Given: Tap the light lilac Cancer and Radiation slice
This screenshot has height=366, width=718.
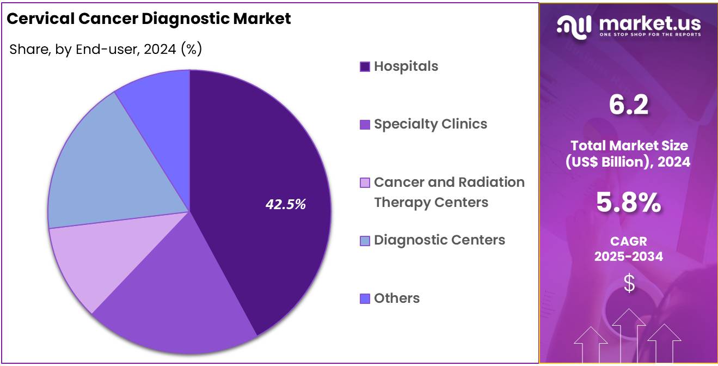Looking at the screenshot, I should point(82,261).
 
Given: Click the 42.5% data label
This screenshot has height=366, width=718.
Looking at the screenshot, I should point(286,204).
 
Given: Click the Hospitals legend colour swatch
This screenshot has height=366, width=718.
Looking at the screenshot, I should point(365,66).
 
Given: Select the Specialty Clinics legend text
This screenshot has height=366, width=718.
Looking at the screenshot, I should point(431,124).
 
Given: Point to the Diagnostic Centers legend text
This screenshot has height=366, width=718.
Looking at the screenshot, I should point(439,240).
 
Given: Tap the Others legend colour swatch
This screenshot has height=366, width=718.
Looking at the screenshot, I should point(365,298).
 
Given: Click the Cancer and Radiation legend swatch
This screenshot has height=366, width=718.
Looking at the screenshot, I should point(365,182).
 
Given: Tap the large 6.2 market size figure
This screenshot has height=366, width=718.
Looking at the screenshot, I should point(629,105).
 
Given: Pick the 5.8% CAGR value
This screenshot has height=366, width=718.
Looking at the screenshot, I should point(629,203).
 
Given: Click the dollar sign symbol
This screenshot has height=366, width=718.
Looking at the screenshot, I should point(629,283).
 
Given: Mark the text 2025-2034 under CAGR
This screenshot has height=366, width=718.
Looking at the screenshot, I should point(629,257).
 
